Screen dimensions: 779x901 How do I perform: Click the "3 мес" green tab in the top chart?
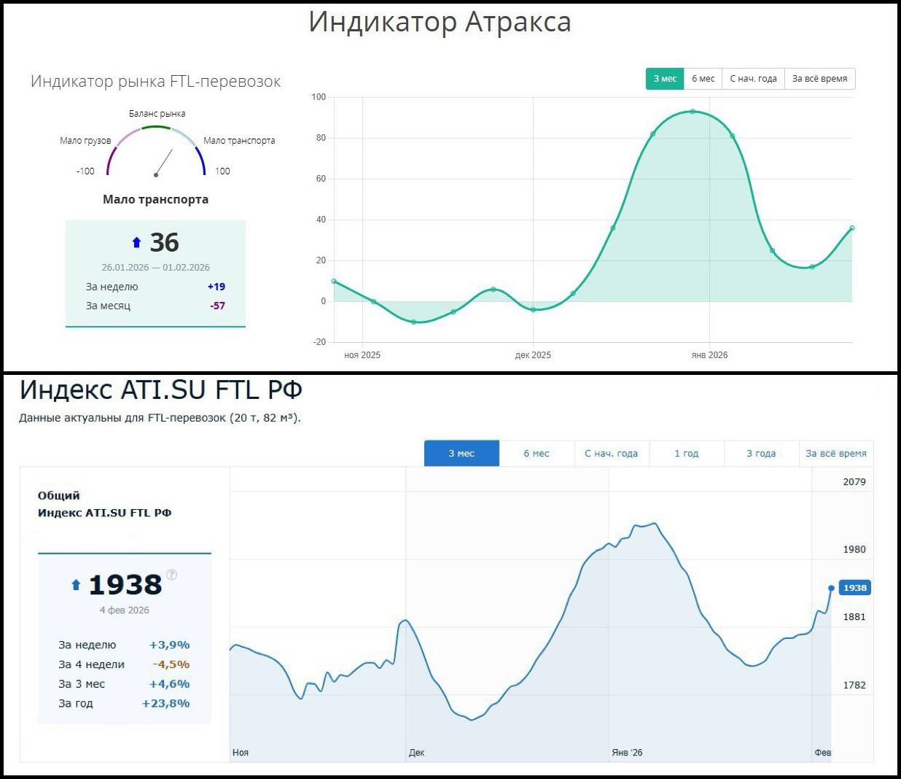(x=664, y=79)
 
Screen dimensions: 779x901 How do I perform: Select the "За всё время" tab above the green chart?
(x=819, y=79)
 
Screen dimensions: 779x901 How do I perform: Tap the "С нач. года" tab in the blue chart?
(x=611, y=454)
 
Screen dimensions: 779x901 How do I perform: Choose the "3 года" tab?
(x=760, y=454)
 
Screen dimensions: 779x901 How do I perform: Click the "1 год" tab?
(x=686, y=454)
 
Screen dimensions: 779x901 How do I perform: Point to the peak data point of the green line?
(x=693, y=112)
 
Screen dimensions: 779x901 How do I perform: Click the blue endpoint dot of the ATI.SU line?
(x=831, y=588)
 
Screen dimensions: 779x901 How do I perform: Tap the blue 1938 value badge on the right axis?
(x=855, y=588)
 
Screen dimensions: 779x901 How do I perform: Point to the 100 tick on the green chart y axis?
(x=319, y=97)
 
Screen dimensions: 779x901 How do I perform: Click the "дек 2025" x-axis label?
(x=533, y=355)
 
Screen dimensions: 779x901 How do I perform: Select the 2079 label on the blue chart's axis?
(x=854, y=482)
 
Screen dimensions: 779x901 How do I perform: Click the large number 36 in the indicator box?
(x=164, y=243)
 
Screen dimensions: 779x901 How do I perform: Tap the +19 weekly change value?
(x=217, y=287)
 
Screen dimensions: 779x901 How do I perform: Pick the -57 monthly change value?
(x=217, y=306)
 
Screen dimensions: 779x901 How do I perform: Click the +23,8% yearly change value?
(x=165, y=704)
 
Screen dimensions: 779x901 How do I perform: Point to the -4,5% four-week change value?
(x=171, y=664)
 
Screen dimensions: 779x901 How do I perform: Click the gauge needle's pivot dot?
(x=156, y=175)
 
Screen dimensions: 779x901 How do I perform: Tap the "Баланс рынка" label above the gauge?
(x=157, y=114)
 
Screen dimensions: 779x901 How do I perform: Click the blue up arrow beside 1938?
(x=76, y=585)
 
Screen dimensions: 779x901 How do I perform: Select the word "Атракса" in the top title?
(x=518, y=22)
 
